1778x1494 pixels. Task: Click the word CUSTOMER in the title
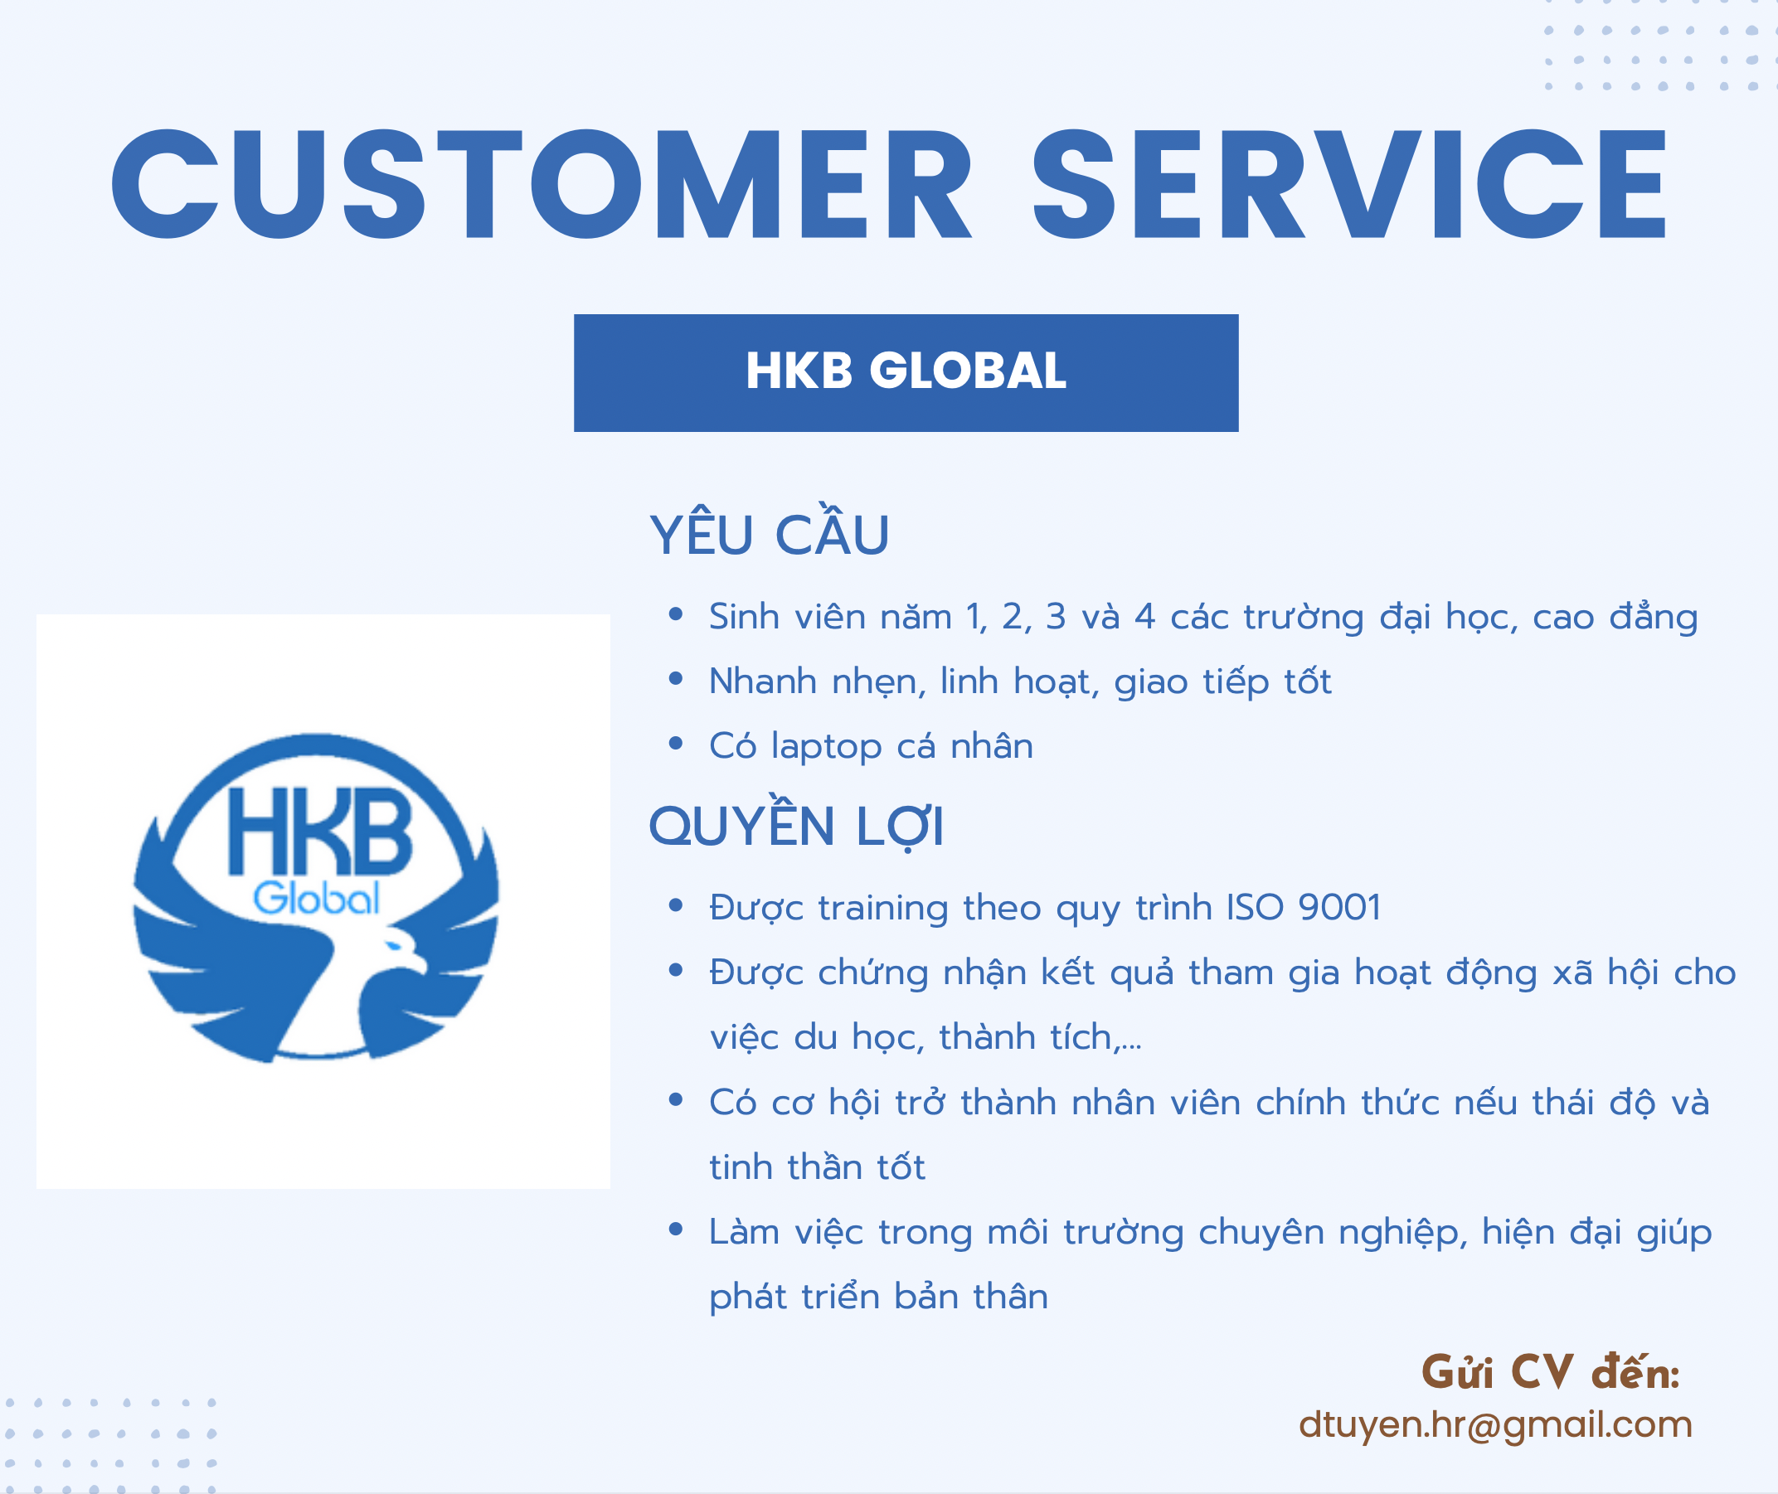tap(542, 184)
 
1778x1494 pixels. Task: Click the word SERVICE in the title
tap(1349, 184)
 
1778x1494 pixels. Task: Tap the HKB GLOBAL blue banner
tap(906, 372)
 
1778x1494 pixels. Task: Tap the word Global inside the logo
tap(317, 898)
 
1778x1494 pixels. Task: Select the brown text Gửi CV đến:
tap(1550, 1373)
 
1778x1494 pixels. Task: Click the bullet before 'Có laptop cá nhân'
tap(675, 744)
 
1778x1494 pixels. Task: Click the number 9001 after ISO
tap(1339, 907)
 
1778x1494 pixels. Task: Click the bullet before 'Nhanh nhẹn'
tap(675, 678)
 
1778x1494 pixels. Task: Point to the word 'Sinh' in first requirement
tap(744, 617)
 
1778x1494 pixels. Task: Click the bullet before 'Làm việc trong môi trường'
tap(675, 1229)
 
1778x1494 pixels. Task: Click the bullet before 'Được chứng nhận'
tap(675, 970)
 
